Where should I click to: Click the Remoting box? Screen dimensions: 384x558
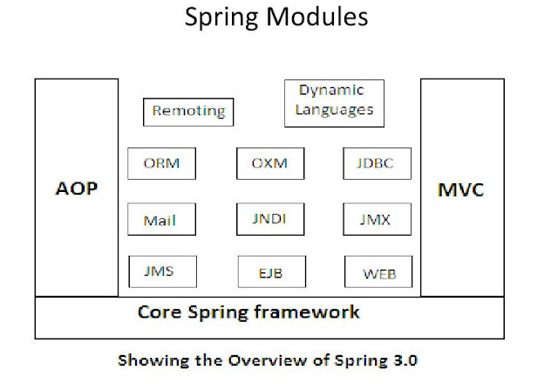[x=188, y=111]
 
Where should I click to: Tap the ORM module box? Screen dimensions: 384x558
[x=161, y=163]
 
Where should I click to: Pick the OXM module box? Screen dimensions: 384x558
[x=269, y=163]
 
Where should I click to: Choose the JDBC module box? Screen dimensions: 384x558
[x=377, y=163]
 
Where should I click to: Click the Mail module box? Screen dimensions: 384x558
[x=160, y=219]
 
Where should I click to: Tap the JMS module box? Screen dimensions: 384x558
[x=160, y=271]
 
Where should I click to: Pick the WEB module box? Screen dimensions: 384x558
[x=378, y=272]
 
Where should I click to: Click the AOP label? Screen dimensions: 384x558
[x=77, y=189]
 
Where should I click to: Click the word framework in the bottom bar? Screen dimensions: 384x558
[x=310, y=312]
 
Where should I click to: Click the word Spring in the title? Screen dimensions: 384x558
[x=222, y=17]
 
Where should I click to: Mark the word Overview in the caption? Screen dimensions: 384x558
[x=266, y=360]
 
